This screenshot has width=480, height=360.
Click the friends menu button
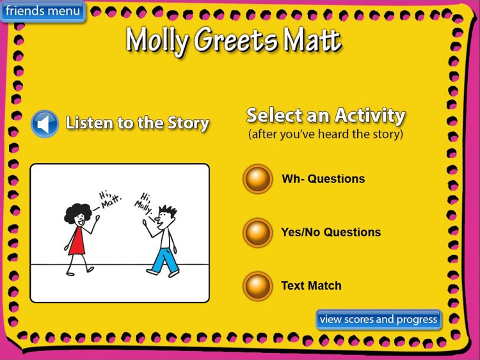tap(43, 11)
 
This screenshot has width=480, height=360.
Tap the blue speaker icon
tap(45, 124)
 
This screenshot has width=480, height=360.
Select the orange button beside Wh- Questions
tap(258, 179)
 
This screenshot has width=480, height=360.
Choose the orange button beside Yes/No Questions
tap(258, 233)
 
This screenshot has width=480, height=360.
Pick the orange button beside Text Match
tap(258, 286)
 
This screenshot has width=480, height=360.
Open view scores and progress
tap(378, 319)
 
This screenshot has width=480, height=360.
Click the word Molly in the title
tap(157, 41)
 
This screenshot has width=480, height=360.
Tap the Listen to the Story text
tap(137, 123)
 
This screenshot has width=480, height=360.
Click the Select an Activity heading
tap(326, 115)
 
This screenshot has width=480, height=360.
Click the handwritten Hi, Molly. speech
tap(145, 200)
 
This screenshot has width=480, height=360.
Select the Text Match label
tap(311, 286)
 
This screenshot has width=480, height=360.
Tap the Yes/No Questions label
tap(331, 232)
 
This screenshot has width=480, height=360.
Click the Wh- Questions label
tap(323, 179)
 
